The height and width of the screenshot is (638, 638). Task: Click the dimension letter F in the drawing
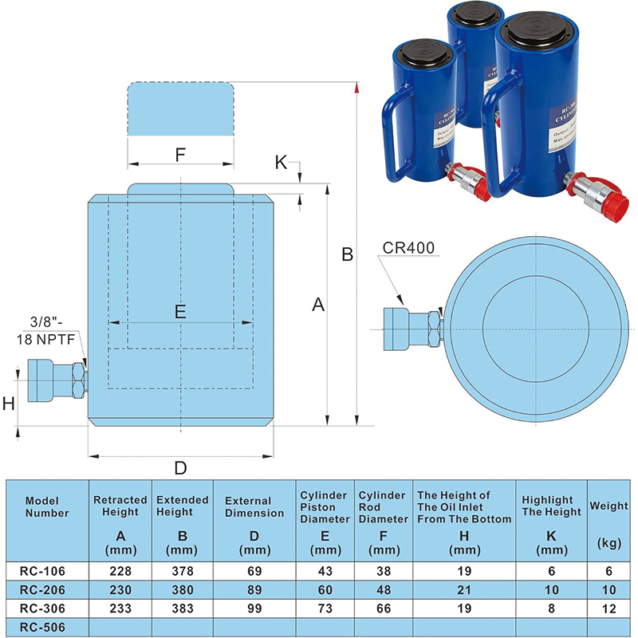click(180, 154)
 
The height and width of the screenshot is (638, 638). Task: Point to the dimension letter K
click(281, 162)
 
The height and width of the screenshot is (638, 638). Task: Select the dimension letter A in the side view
click(318, 304)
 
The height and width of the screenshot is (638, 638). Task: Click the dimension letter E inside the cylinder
click(180, 312)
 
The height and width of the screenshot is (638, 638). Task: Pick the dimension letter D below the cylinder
click(180, 467)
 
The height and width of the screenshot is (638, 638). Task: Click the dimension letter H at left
click(9, 404)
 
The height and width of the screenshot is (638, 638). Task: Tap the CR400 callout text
click(408, 248)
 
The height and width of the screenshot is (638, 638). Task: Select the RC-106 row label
click(46, 570)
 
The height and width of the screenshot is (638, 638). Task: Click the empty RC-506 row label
click(46, 627)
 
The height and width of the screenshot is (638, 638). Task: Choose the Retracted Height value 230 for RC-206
click(120, 589)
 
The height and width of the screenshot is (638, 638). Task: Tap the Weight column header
click(608, 505)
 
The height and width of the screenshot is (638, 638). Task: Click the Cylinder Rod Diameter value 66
click(383, 608)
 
